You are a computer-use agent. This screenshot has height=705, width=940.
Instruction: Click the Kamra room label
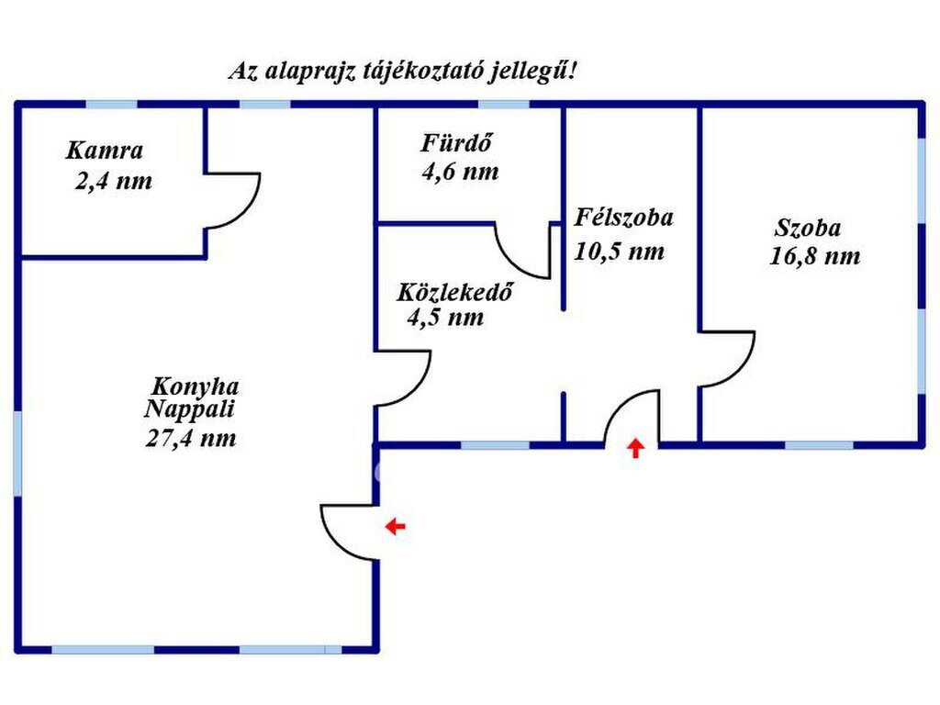105,151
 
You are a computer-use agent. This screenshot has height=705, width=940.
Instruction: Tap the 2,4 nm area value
113,181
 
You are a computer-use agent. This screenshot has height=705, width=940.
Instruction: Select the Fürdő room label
457,142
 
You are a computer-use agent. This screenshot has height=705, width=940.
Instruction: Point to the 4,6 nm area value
460,172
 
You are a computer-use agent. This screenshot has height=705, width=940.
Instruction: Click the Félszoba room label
623,217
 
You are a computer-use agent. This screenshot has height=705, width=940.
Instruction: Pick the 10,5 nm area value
620,252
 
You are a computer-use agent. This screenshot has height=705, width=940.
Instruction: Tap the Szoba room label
808,228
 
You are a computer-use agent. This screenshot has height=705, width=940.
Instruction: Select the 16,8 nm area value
815,257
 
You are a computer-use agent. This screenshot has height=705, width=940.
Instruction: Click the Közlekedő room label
455,292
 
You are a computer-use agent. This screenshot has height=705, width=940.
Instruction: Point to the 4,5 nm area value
445,317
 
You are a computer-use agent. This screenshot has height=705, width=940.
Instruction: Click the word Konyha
195,386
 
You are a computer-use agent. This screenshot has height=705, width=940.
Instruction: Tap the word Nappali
189,408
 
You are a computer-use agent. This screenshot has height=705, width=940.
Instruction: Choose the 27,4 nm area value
191,438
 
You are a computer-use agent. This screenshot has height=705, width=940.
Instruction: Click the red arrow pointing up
635,448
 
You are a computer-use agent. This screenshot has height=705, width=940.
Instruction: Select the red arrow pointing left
395,526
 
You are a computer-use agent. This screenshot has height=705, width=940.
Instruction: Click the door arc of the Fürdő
510,263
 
